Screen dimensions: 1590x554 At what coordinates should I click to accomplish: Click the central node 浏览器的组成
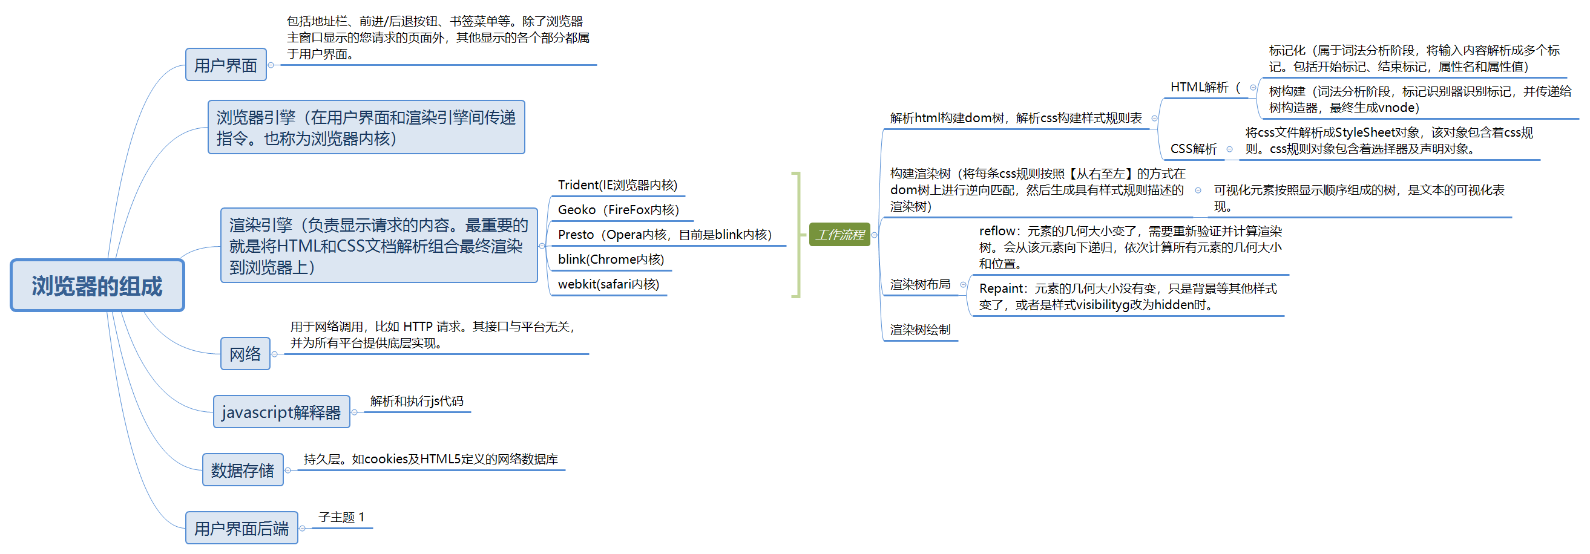(x=97, y=285)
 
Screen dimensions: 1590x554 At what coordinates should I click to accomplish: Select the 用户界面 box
(x=226, y=65)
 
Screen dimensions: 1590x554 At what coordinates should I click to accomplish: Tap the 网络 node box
(x=245, y=353)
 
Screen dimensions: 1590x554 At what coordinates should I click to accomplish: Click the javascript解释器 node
(x=281, y=411)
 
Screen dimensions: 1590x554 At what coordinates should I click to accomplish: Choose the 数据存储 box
(x=243, y=470)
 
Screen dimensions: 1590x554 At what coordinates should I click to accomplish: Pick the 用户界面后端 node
(x=241, y=528)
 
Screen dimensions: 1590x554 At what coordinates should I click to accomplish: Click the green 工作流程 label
(x=839, y=235)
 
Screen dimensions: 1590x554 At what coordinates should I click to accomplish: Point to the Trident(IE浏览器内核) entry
(x=617, y=185)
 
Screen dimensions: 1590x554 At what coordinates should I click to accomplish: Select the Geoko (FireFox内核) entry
(x=619, y=210)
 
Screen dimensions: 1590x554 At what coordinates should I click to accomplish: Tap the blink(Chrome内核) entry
(x=611, y=259)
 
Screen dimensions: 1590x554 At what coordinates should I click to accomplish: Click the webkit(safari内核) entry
(x=609, y=284)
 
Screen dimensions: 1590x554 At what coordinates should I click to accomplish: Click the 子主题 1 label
(x=341, y=517)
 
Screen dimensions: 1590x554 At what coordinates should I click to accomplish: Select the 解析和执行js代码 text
(x=416, y=401)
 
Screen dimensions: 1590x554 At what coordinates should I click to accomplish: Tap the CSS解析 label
(x=1194, y=149)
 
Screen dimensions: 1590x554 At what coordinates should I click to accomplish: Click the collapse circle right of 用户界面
(x=271, y=65)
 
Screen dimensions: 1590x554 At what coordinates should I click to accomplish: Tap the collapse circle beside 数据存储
(x=287, y=470)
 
